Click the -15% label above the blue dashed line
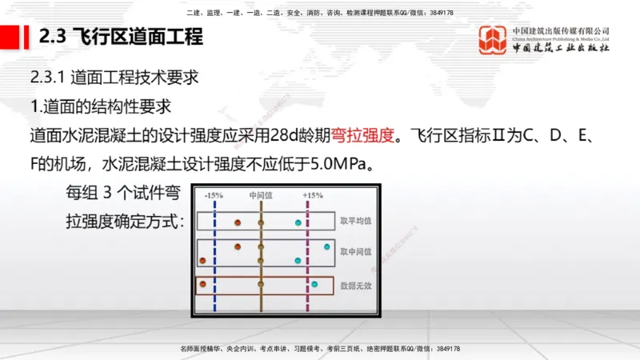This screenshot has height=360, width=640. click(214, 195)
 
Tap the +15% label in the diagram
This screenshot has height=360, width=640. click(313, 195)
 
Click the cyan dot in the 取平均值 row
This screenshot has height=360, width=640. click(298, 222)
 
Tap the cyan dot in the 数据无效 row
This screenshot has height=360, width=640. click(315, 284)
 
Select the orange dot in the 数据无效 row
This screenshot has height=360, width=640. click(203, 284)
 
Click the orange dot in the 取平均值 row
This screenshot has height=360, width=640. click(238, 222)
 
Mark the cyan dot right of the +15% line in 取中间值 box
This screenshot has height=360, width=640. click(326, 246)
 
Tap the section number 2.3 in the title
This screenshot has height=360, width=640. click(53, 37)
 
